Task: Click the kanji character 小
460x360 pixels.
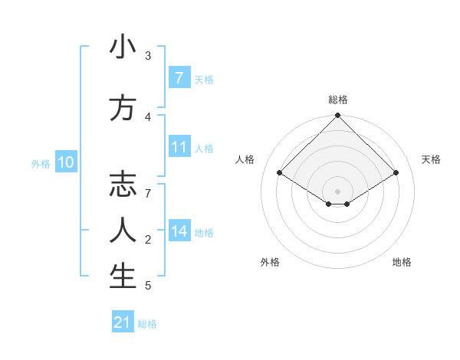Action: (123, 48)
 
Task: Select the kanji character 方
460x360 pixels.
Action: (123, 109)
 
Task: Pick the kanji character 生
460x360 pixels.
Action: (123, 277)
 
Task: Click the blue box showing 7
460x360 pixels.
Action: (179, 78)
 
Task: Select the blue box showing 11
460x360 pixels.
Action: (179, 148)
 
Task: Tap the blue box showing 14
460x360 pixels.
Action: (179, 232)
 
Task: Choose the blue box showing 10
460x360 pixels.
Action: (65, 162)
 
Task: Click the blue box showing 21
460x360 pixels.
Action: (122, 322)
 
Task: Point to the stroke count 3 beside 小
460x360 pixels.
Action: (148, 55)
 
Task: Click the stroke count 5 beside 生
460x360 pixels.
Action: (148, 286)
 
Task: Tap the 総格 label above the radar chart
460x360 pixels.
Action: (337, 100)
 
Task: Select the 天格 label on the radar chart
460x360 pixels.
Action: (431, 159)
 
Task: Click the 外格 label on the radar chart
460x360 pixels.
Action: (270, 262)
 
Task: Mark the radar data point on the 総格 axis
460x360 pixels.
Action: (337, 116)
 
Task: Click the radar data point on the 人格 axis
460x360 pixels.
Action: (279, 172)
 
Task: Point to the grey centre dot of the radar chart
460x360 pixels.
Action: (337, 191)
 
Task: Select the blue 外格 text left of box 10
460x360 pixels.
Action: (40, 163)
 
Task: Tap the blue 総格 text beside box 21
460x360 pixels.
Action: (147, 324)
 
